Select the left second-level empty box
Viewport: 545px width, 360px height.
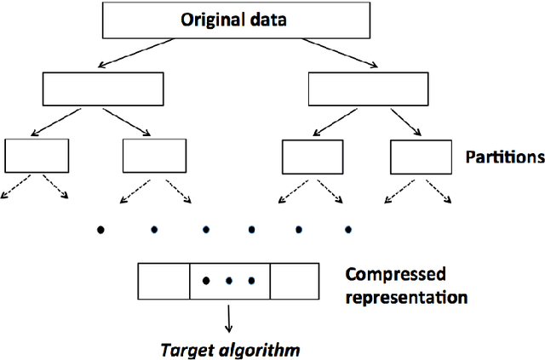click(101, 89)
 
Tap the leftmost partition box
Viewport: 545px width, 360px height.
click(37, 155)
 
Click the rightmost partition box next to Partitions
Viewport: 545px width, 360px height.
click(421, 157)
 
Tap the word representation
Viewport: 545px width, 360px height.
click(406, 298)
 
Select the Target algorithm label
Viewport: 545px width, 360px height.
click(232, 349)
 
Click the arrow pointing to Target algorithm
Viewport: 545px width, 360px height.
click(227, 318)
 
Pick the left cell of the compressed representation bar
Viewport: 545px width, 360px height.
click(163, 280)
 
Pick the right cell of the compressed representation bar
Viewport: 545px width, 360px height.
click(295, 280)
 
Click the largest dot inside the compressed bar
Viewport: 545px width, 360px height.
click(205, 279)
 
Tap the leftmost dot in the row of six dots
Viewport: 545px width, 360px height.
click(101, 229)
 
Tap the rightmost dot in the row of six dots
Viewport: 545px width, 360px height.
click(347, 228)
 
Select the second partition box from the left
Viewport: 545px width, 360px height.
click(154, 155)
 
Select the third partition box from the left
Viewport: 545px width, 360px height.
click(313, 157)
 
